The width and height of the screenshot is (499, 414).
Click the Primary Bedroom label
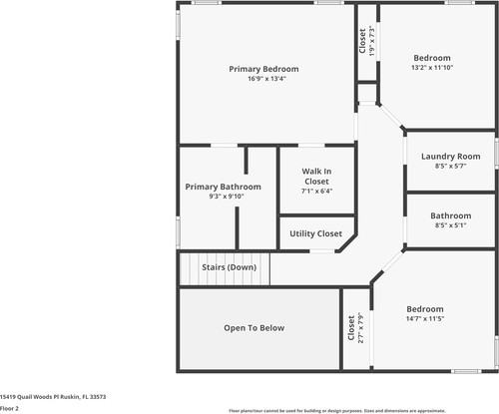pyautogui.click(x=263, y=69)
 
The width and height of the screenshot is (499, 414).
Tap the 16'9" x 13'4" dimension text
pyautogui.click(x=263, y=79)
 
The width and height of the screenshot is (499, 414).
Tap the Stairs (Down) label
pyautogui.click(x=230, y=267)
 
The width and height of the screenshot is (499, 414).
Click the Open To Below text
pyautogui.click(x=253, y=327)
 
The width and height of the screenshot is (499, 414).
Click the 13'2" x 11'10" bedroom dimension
pyautogui.click(x=432, y=68)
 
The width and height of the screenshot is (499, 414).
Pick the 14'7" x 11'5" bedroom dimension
pyautogui.click(x=425, y=319)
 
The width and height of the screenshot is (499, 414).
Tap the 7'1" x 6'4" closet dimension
pyautogui.click(x=316, y=191)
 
